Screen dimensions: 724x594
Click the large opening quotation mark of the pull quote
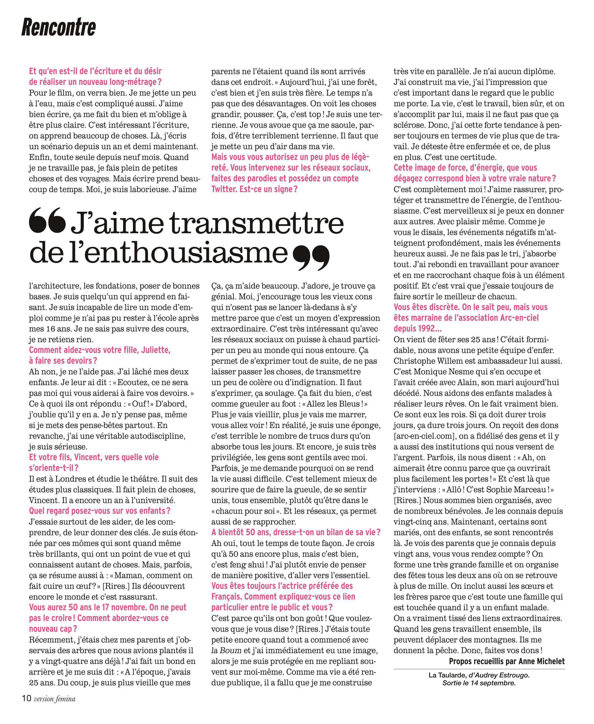[x=47, y=220]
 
